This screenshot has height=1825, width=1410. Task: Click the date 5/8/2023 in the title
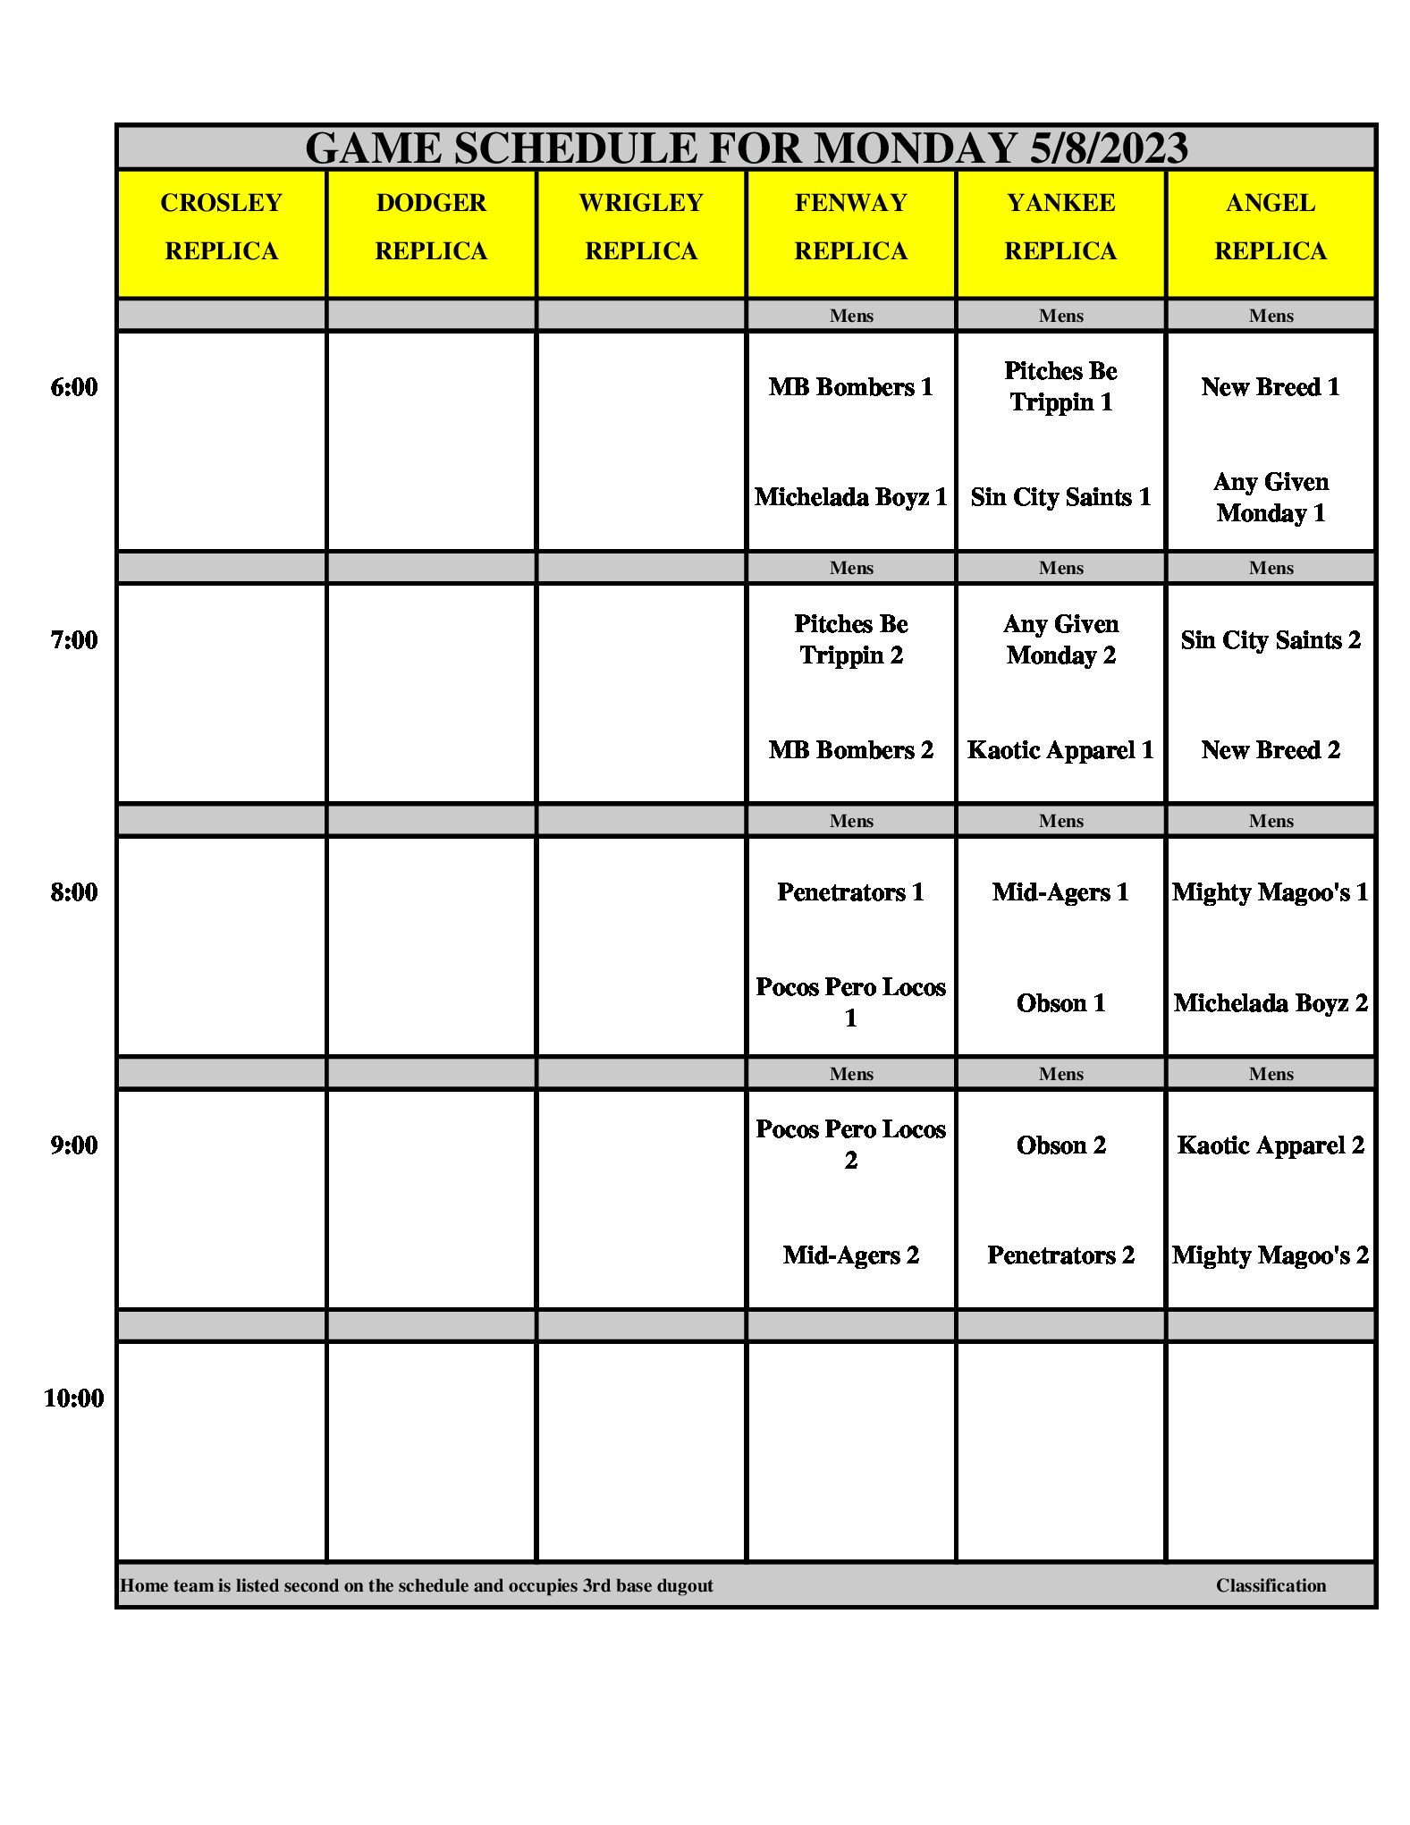[1109, 148]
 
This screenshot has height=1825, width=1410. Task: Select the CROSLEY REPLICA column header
[222, 227]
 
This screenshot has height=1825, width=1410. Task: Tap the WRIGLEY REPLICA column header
[641, 227]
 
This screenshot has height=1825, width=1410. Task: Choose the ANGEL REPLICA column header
[1271, 227]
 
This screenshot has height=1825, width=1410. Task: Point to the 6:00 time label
[74, 387]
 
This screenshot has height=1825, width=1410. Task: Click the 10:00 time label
[74, 1398]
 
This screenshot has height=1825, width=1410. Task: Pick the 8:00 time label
[74, 892]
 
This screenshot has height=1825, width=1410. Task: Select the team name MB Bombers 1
[851, 387]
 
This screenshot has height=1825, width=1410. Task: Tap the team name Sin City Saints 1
[1061, 497]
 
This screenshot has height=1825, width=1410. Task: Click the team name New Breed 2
[1271, 750]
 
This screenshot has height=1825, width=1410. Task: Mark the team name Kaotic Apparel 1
[1061, 750]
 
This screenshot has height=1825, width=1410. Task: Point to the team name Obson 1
[1061, 1003]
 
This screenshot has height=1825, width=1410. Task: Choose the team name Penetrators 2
[1061, 1255]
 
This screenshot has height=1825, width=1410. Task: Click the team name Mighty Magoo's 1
[1271, 892]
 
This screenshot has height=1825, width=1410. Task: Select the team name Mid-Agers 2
[851, 1255]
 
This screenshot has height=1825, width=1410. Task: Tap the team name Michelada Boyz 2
[1271, 1003]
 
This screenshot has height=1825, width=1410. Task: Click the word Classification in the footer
[1271, 1585]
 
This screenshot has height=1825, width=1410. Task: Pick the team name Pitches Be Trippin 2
[851, 639]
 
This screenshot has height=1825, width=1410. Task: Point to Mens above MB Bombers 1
[851, 316]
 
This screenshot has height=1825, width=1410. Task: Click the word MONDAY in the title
[916, 148]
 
